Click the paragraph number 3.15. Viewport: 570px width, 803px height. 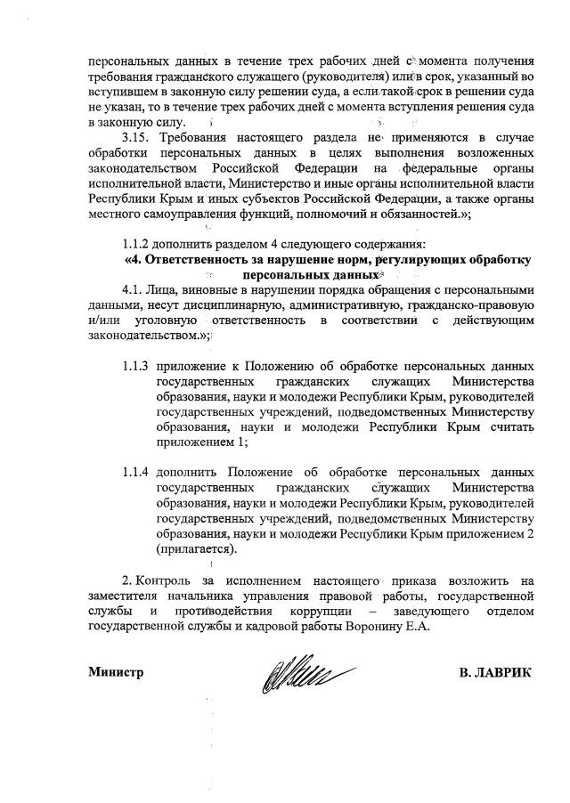click(139, 138)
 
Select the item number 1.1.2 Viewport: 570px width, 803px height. click(140, 244)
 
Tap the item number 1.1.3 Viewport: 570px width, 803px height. click(134, 366)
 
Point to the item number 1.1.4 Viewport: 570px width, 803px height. click(134, 471)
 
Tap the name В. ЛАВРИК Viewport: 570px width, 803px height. click(494, 672)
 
